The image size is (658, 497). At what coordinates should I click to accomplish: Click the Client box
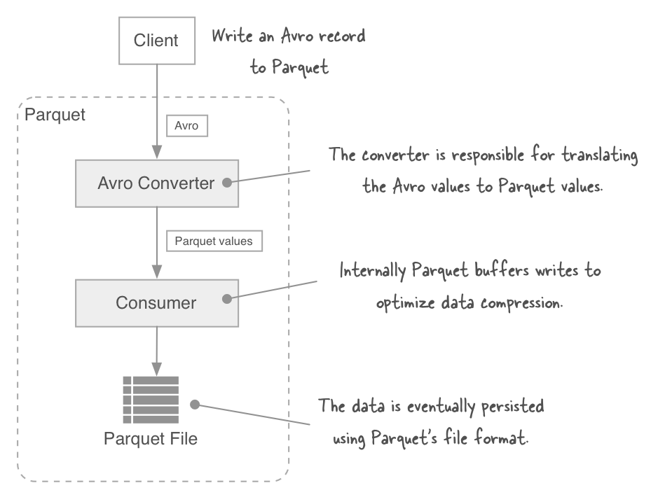pyautogui.click(x=156, y=40)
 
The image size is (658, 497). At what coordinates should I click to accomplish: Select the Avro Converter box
pyautogui.click(x=156, y=183)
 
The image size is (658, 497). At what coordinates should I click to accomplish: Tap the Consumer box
pyautogui.click(x=156, y=303)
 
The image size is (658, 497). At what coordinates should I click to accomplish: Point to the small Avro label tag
pyautogui.click(x=186, y=126)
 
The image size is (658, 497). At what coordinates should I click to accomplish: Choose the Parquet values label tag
pyautogui.click(x=214, y=241)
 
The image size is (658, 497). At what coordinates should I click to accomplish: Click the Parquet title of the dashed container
pyautogui.click(x=55, y=115)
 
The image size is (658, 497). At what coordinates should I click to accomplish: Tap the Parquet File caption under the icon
pyautogui.click(x=151, y=440)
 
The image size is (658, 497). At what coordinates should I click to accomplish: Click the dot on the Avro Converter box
pyautogui.click(x=226, y=183)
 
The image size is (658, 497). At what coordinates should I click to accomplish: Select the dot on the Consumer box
pyautogui.click(x=226, y=299)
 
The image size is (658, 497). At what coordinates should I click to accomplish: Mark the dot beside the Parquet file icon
pyautogui.click(x=196, y=405)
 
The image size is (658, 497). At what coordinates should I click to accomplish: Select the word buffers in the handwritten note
pyautogui.click(x=486, y=271)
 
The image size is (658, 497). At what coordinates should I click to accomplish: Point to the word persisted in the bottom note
pyautogui.click(x=510, y=406)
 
